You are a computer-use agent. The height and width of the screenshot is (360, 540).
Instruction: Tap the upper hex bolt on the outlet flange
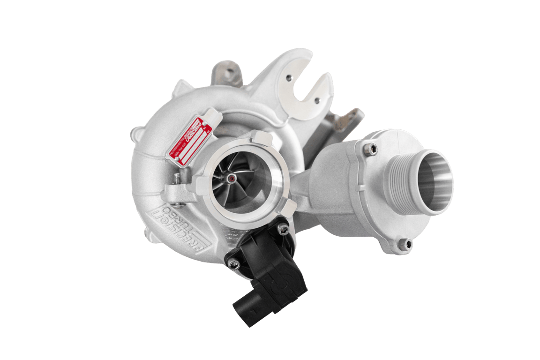click(372, 150)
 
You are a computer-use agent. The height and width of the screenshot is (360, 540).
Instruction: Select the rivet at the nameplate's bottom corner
click(177, 159)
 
